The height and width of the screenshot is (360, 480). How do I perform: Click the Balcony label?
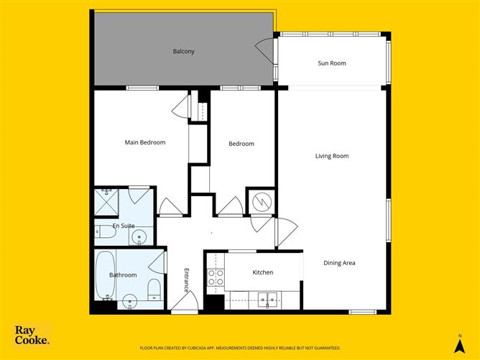point(183,51)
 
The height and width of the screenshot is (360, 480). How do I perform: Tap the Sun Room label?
point(332,63)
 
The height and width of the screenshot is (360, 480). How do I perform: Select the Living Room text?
point(332,156)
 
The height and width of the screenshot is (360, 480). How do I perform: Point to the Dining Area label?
point(339,263)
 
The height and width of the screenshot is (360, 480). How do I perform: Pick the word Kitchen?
point(263,273)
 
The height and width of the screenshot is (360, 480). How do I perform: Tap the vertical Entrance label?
point(186,280)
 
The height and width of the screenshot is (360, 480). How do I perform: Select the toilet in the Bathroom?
point(153,290)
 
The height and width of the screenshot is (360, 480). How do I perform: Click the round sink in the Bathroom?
point(130,300)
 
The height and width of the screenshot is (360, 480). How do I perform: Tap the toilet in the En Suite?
point(103,231)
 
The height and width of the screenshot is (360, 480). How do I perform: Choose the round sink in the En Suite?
point(140,236)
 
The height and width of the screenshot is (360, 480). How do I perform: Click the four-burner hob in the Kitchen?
point(216,277)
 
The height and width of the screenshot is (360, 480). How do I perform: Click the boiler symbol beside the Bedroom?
point(260,201)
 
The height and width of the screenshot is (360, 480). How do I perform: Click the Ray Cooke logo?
point(32,336)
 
